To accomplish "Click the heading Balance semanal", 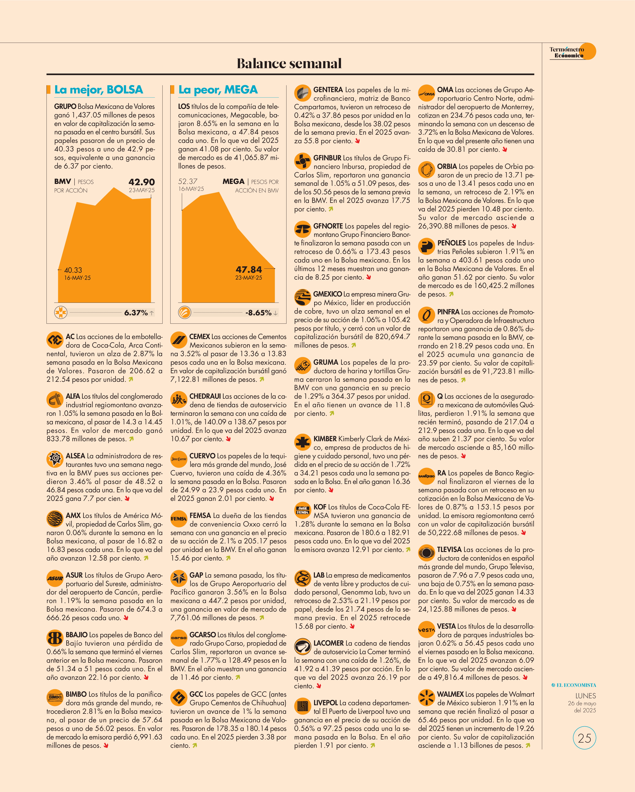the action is click(289, 64).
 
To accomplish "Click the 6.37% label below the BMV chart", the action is click(136, 313).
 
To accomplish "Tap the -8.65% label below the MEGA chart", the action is click(258, 313).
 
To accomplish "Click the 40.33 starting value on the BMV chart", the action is click(73, 270).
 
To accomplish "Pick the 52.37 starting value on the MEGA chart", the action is click(188, 182).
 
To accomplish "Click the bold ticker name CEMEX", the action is click(200, 336).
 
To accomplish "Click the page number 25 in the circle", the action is click(584, 738).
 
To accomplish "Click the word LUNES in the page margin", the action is click(585, 696).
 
